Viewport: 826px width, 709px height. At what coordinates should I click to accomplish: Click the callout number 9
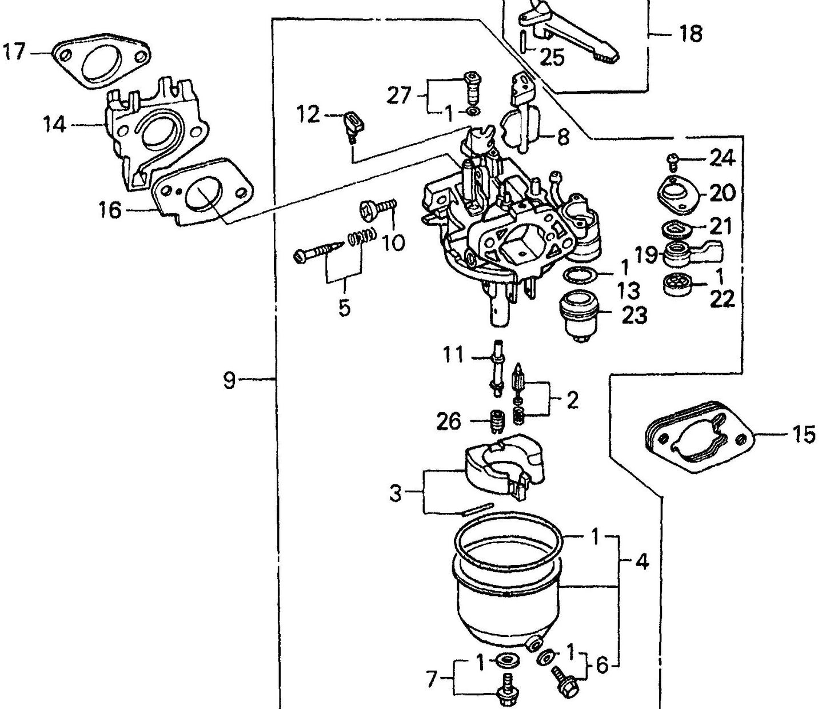click(x=229, y=380)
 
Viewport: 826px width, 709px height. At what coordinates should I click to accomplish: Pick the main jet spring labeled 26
click(x=496, y=422)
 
